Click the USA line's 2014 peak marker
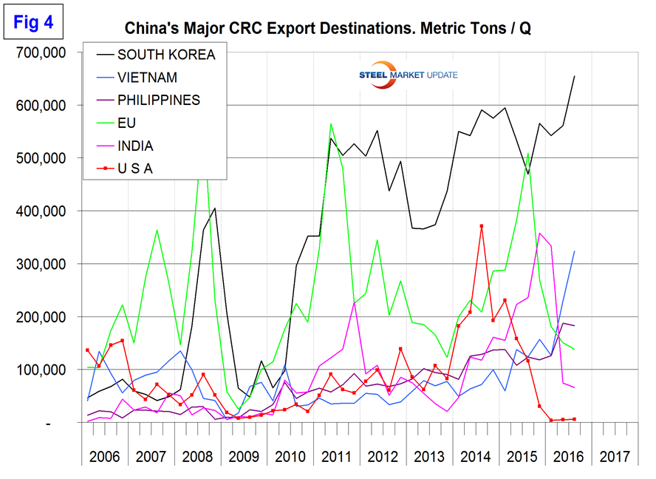pos(482,226)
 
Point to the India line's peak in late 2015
pos(540,234)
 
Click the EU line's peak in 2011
pos(330,123)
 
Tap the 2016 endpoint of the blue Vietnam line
pos(575,251)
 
